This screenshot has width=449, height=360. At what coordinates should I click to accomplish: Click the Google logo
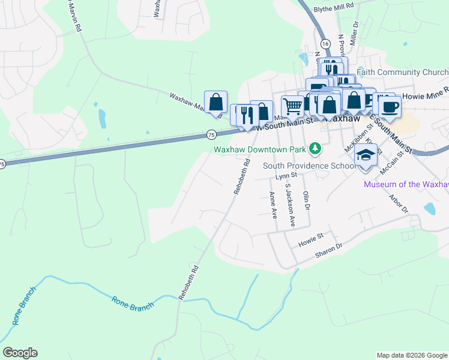pos(20,353)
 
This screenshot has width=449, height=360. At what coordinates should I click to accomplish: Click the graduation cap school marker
pos(366,155)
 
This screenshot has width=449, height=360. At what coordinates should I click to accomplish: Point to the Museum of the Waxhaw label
pos(406,184)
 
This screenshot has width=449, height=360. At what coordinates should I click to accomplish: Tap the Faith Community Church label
pos(402,73)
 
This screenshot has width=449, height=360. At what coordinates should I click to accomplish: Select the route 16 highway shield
pos(325,44)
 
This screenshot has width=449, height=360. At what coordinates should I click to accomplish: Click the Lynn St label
pos(286,176)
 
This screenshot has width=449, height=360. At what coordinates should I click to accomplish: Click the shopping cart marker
pos(292,106)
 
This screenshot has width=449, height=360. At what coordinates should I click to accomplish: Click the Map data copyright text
pos(412,355)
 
